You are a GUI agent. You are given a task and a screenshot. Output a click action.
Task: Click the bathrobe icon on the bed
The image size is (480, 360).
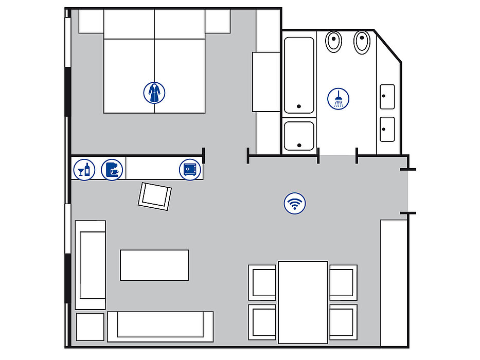[154, 93]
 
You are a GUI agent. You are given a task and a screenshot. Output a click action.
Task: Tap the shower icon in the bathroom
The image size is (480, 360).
[338, 98]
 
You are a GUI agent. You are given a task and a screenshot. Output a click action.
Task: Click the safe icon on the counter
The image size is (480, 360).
[190, 169]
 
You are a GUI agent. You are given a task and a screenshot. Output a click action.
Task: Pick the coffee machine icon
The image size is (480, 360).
[112, 169]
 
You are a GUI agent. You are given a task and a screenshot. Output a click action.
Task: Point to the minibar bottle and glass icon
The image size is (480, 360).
[84, 169]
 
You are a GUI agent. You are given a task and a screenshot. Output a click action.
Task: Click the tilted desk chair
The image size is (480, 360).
[155, 196]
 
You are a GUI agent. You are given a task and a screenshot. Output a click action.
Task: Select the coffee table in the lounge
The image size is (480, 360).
[154, 265]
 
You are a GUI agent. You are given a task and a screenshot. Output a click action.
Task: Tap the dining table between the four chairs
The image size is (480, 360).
[303, 302]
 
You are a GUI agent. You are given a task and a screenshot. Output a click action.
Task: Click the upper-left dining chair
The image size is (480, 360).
[263, 282]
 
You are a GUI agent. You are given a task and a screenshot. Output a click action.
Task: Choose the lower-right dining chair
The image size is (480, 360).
[343, 321]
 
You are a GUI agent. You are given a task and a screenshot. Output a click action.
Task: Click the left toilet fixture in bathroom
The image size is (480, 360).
[334, 42]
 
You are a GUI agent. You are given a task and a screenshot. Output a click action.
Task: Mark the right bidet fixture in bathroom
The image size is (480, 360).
[363, 42]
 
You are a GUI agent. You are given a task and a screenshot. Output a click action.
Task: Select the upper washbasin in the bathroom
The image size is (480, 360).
[387, 97]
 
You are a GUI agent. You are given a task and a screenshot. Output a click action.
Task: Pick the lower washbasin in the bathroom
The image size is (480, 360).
[387, 129]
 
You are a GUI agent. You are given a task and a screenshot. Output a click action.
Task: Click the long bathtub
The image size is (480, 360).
[299, 75]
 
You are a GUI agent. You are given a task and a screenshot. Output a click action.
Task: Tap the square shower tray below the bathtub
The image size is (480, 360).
[299, 136]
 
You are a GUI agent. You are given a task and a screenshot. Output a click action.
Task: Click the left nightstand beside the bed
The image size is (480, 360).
[91, 21]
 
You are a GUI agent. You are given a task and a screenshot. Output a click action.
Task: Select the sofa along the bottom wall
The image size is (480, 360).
[160, 327]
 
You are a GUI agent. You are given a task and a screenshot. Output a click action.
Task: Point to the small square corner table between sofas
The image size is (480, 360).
[90, 327]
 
